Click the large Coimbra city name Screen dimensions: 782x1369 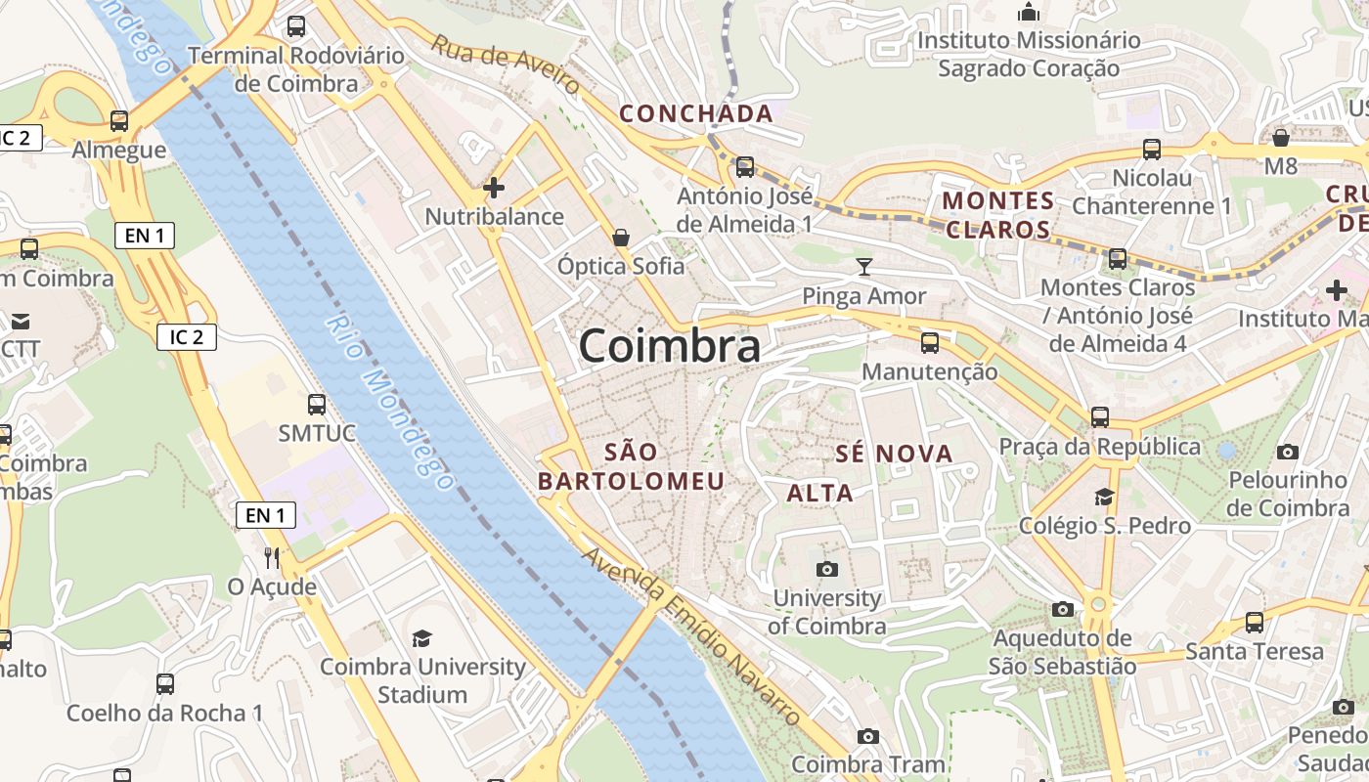pos(669,346)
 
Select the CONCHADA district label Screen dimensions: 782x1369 pos(696,114)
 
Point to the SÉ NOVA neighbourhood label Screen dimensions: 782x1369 pos(894,454)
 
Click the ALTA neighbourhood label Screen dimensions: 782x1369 pos(820,493)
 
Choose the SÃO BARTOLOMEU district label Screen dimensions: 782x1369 pos(632,466)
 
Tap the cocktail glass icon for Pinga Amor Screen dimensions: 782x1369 pos(863,266)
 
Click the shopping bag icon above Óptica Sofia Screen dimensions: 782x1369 pos(620,238)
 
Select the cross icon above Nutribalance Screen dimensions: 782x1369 pos(494,188)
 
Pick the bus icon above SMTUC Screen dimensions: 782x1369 pos(316,404)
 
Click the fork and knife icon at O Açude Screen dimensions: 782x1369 pos(272,558)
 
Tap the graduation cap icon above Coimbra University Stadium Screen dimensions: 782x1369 pos(421,638)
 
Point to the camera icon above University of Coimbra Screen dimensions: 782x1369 pos(826,569)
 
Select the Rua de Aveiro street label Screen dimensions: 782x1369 pos(506,65)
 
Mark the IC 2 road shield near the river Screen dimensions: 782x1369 pos(186,337)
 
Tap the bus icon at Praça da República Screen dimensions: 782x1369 pos(1100,417)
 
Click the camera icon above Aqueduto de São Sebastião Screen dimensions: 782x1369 pos(1062,609)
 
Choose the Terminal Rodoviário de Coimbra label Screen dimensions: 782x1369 pos(296,69)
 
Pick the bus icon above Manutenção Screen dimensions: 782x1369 pos(929,343)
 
